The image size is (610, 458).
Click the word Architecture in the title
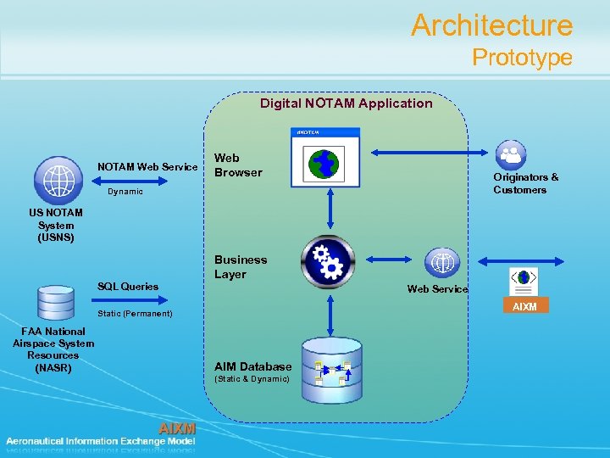coord(491,25)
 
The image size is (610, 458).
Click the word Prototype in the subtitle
coord(522,58)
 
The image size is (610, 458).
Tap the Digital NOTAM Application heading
coord(346,103)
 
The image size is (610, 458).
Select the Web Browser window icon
coord(325,157)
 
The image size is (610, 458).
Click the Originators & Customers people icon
coord(511,154)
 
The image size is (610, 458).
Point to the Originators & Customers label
coord(525,183)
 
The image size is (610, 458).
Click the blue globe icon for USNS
coord(58,179)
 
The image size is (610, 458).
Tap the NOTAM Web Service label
coord(147,166)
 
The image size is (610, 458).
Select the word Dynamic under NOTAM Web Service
coord(125,192)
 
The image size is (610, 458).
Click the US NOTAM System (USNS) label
coord(56,225)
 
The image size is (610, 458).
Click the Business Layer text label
coord(241,267)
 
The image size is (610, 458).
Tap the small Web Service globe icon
coord(441,263)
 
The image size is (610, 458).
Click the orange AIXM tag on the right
coord(524,306)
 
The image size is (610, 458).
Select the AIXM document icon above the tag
coord(524,281)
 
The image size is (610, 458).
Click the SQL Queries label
coord(128,287)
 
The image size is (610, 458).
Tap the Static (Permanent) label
coord(135,314)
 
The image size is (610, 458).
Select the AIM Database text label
coord(252,367)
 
